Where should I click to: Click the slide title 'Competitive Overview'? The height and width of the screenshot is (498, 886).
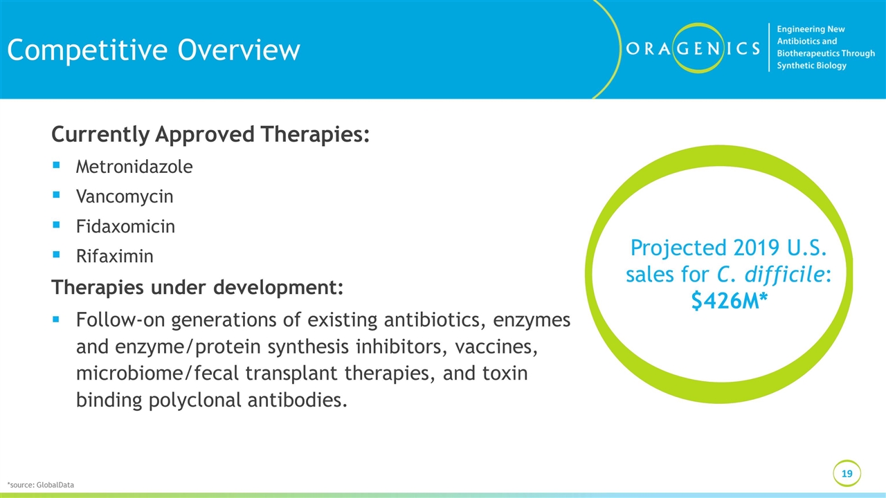[x=154, y=50]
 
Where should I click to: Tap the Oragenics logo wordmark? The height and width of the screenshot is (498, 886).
[x=693, y=48]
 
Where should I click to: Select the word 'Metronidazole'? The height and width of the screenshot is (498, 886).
[x=134, y=167]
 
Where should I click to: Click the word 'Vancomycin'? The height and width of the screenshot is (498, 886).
[x=125, y=196]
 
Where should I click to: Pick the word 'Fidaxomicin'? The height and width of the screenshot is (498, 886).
[x=125, y=226]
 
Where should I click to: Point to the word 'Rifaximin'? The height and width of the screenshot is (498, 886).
[x=115, y=256]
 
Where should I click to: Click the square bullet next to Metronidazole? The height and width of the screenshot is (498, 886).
[x=56, y=165]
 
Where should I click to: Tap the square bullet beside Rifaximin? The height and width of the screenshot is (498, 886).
[x=56, y=254]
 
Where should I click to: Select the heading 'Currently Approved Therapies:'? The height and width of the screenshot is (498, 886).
[x=210, y=134]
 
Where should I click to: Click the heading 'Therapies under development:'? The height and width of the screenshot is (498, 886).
[x=197, y=287]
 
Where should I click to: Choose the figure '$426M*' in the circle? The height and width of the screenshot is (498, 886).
[x=730, y=301]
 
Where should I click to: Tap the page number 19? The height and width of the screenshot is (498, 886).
[x=847, y=474]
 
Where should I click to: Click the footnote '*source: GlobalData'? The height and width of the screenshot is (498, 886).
[x=40, y=485]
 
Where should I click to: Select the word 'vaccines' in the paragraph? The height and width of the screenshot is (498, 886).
[x=496, y=347]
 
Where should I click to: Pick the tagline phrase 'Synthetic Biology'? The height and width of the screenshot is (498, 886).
[x=811, y=66]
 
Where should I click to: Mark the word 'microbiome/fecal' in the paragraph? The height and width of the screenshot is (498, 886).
[x=157, y=373]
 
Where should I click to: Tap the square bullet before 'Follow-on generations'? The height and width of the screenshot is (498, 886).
[x=56, y=319]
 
